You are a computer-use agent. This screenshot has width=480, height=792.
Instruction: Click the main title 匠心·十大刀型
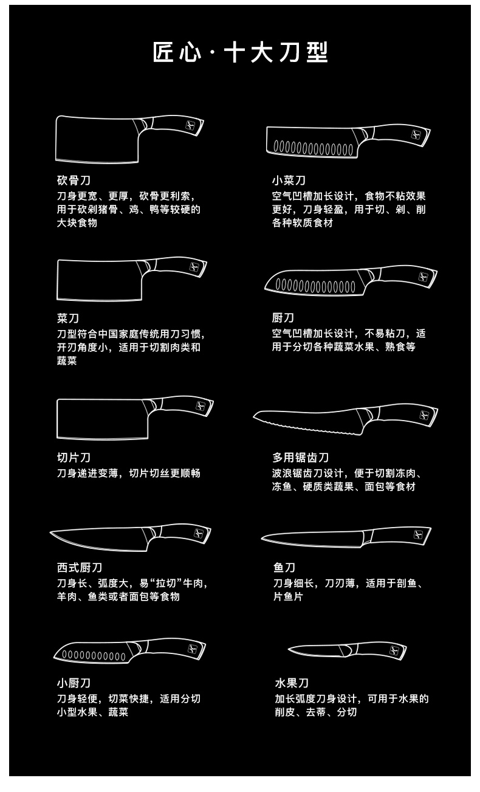point(240,53)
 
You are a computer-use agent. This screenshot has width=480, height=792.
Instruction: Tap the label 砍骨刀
point(74,181)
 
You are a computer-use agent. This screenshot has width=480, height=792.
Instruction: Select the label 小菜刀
point(289,181)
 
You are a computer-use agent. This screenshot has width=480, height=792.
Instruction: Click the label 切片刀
point(74,457)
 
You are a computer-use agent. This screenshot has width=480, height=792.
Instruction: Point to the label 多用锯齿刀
point(300,457)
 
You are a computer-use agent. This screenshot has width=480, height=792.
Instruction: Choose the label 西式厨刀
point(80,568)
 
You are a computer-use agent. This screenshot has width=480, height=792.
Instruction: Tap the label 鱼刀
point(284,568)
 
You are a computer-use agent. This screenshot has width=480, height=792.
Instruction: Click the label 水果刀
point(292,683)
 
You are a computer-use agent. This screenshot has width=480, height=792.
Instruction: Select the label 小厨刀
point(74,683)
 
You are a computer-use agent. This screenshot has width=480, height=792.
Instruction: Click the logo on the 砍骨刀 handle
point(190,125)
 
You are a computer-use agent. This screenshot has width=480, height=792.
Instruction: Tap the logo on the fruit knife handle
point(394,650)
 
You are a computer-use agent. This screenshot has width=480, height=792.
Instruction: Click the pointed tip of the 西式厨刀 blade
point(52,533)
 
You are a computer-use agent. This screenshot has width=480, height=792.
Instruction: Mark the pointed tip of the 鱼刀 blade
point(262,537)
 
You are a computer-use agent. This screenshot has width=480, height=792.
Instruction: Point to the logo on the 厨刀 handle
point(423,277)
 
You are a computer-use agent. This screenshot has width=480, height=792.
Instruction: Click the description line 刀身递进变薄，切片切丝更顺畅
point(129,473)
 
